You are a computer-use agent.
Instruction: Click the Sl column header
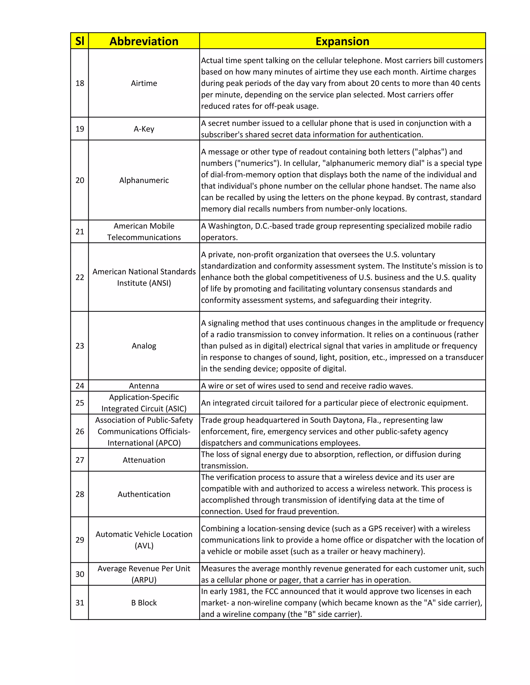(x=80, y=41)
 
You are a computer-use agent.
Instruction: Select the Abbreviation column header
(x=144, y=41)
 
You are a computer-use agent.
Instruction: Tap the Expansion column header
(x=342, y=41)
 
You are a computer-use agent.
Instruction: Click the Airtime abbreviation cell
(x=144, y=83)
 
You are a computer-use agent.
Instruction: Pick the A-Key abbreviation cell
(x=144, y=129)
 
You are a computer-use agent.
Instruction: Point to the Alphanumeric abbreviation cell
(x=144, y=180)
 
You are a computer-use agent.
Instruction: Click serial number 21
(x=80, y=231)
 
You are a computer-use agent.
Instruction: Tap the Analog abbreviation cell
(x=144, y=346)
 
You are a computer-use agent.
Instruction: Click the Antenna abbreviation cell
(x=144, y=385)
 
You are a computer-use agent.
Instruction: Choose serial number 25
(x=80, y=403)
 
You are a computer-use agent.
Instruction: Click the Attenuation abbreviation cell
(x=144, y=460)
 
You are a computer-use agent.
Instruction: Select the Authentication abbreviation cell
(x=144, y=494)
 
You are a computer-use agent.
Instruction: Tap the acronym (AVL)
(x=144, y=545)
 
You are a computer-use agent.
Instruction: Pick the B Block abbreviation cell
(x=144, y=603)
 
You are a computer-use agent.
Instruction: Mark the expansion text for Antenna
(x=307, y=385)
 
